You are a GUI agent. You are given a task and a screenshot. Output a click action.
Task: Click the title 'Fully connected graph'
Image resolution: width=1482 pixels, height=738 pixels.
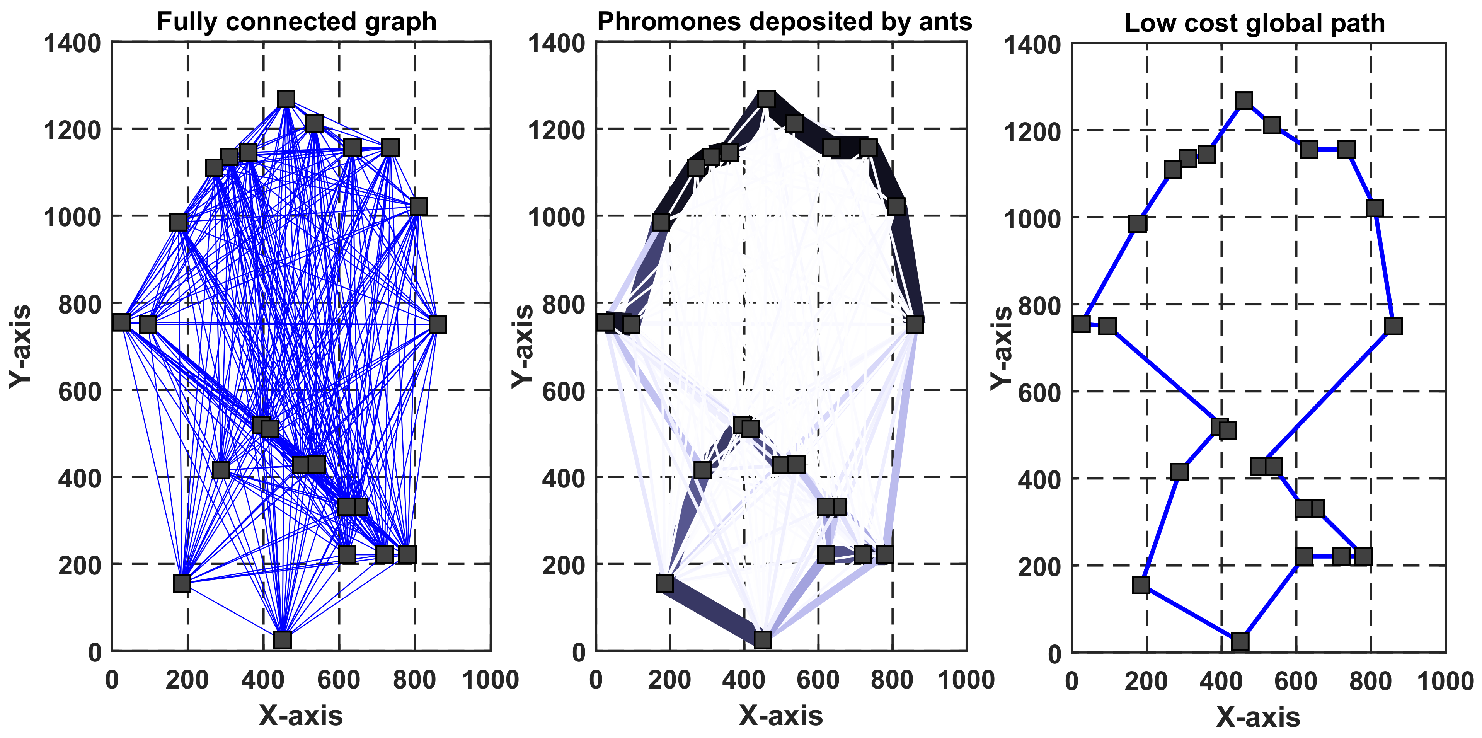tap(296, 22)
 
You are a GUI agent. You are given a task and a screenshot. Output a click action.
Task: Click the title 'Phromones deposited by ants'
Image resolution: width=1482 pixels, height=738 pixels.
tap(784, 22)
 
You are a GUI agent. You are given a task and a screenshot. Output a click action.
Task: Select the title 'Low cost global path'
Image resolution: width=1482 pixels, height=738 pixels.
tap(1254, 23)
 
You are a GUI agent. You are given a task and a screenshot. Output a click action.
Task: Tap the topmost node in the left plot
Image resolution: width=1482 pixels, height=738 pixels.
tap(286, 99)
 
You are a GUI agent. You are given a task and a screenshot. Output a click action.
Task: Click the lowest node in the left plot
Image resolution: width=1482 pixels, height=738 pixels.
tap(282, 640)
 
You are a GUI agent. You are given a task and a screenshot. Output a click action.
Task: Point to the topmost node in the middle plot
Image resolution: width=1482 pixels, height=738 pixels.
tap(766, 99)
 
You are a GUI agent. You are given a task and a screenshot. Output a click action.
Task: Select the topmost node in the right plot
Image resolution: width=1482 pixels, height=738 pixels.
tap(1244, 101)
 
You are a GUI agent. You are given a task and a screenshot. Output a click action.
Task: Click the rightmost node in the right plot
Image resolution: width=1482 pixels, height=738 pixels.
tap(1393, 326)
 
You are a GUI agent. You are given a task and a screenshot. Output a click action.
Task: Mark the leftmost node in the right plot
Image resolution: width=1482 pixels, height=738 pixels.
tap(1081, 324)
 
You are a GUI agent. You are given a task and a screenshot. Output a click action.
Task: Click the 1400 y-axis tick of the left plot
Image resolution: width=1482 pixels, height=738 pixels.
tap(73, 43)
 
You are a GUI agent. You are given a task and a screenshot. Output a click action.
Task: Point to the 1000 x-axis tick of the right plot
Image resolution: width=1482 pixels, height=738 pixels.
tap(1445, 682)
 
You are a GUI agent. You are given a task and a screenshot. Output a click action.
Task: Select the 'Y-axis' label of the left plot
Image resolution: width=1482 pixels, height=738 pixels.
tap(20, 346)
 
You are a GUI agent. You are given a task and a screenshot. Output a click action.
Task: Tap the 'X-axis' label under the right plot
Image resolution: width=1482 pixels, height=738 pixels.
tap(1258, 717)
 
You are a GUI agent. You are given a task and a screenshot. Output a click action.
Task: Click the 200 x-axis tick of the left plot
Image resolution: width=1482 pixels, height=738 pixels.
tap(187, 680)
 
